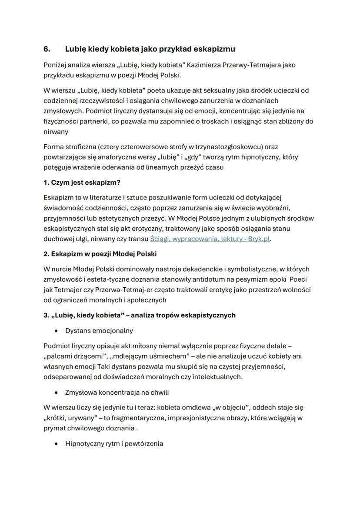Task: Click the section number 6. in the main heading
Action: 47,49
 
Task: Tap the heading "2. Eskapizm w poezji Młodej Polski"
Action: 100,254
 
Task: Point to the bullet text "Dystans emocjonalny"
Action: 99,330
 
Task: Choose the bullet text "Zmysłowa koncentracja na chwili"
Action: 117,392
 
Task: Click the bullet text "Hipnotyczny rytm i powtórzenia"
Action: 114,444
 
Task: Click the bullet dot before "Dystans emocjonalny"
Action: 56,331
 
